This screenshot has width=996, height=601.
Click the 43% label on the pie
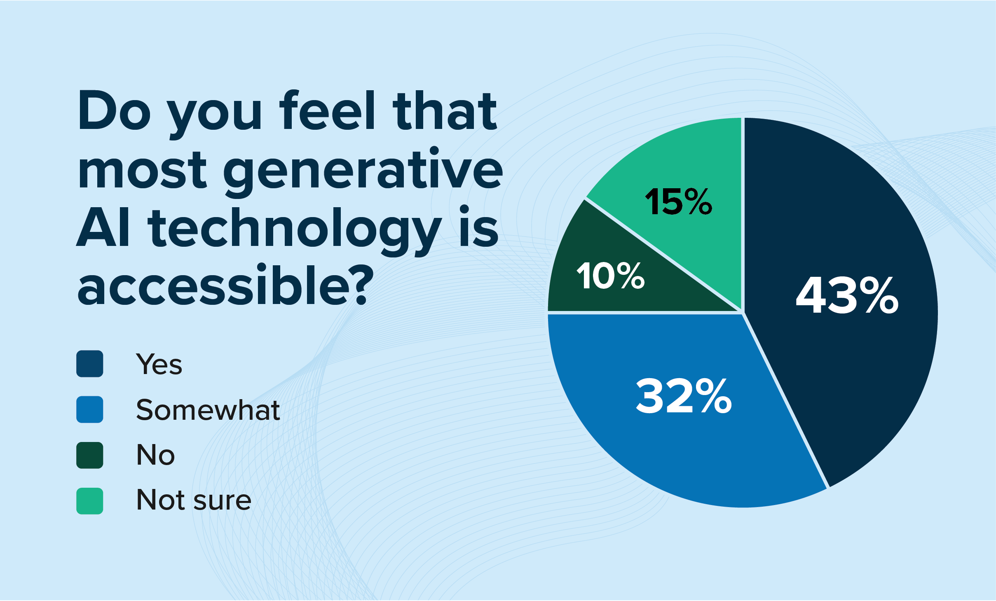[847, 295]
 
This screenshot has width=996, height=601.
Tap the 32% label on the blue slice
[684, 396]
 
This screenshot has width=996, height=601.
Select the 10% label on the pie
[611, 276]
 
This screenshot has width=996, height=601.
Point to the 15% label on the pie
[679, 201]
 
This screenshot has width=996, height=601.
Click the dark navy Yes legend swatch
[89, 364]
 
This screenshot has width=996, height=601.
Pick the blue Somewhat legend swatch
[89, 409]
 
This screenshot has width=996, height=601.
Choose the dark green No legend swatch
[89, 455]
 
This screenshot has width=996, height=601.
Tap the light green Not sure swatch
[89, 501]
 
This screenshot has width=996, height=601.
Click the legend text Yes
[159, 364]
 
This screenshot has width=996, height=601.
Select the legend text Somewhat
[208, 410]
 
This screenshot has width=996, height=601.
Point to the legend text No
[155, 455]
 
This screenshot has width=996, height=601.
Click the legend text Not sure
[194, 500]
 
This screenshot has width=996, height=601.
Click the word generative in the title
[363, 171]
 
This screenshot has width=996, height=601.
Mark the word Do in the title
[114, 110]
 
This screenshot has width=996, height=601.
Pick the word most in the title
[142, 171]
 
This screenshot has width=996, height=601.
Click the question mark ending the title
[355, 284]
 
